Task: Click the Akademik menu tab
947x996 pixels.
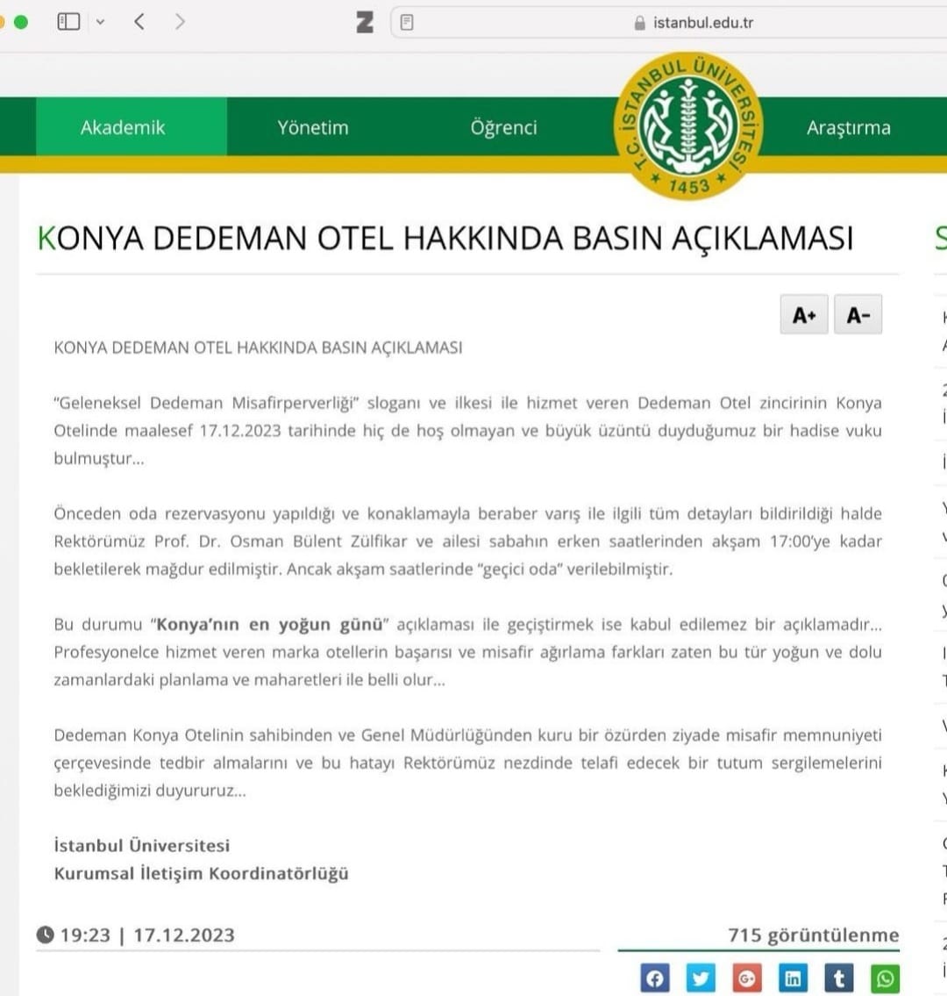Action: pos(123,127)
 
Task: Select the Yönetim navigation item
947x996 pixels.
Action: pos(313,127)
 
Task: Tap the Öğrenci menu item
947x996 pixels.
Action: pos(503,127)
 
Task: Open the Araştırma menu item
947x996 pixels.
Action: pos(848,127)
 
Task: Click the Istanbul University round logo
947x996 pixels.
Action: pos(687,125)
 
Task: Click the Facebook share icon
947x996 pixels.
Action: pos(655,978)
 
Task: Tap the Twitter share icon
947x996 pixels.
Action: pos(701,978)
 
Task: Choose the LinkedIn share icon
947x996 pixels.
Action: pos(793,978)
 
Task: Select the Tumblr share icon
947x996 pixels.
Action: pos(839,978)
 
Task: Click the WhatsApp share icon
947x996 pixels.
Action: pos(885,978)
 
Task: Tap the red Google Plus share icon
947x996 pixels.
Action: pos(747,978)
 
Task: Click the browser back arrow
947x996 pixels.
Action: pos(139,22)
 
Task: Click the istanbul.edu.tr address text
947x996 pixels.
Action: pos(702,23)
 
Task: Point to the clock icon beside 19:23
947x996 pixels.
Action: pos(46,935)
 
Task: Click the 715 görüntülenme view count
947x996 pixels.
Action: pos(813,935)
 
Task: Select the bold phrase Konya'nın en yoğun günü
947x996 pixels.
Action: pos(270,625)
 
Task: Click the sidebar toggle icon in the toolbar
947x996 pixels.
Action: pos(68,22)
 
